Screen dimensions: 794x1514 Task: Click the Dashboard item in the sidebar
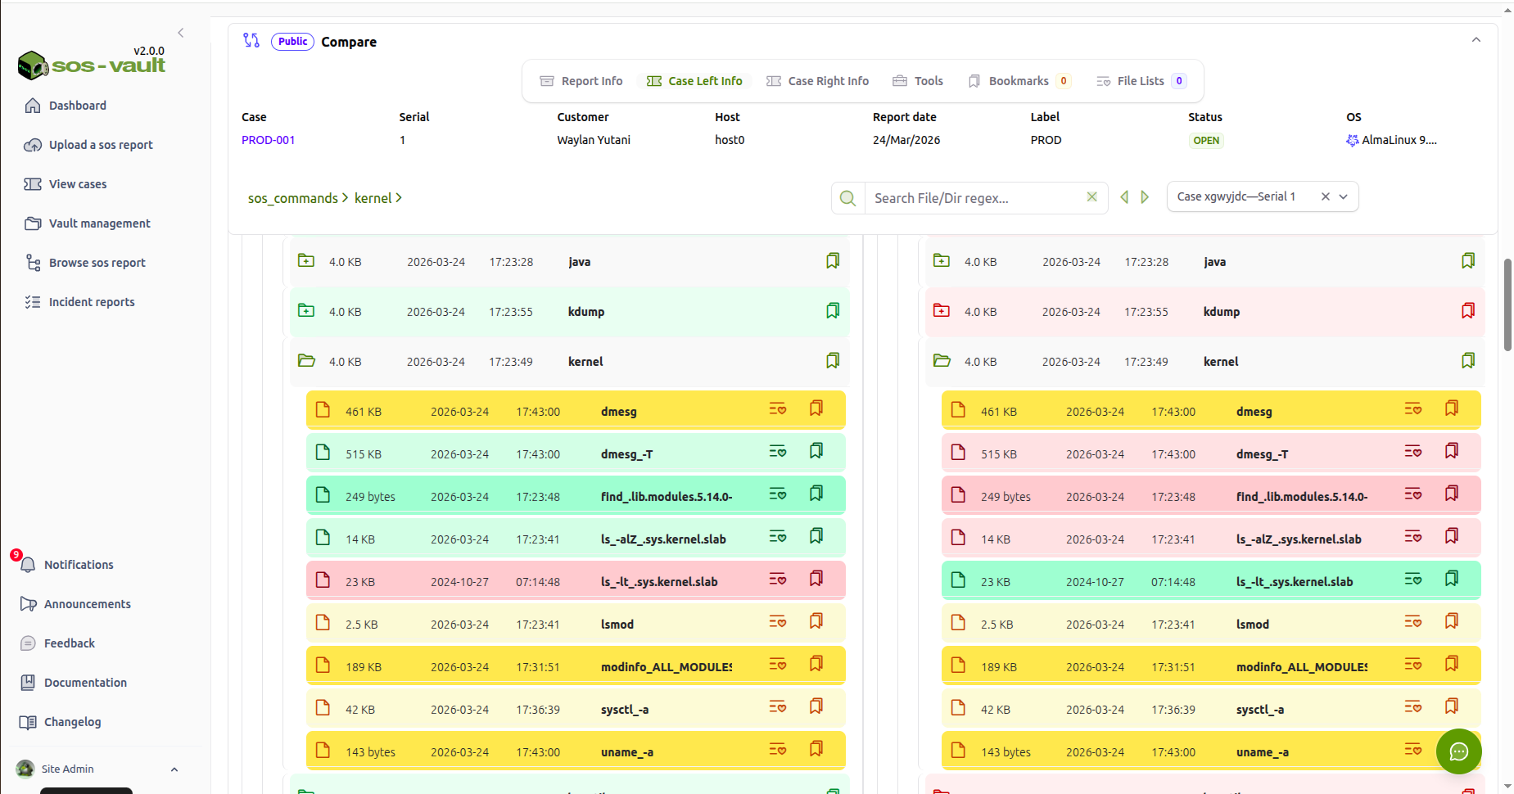77,106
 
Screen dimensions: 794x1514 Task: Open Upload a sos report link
100,145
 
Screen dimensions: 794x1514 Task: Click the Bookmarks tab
1018,81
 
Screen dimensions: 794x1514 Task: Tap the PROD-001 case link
268,140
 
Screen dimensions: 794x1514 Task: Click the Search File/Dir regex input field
974,198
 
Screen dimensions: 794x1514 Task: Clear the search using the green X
1091,197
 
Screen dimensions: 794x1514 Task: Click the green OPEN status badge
1205,141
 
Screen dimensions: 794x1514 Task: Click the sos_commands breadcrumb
292,198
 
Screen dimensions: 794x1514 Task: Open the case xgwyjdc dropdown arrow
1344,196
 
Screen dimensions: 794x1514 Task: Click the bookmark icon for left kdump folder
833,311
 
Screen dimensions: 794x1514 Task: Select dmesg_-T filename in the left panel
626,454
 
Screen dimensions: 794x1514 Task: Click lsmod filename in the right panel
1252,625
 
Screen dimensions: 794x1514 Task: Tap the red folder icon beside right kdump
942,311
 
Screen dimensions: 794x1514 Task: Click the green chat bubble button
1458,751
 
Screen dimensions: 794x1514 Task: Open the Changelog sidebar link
72,722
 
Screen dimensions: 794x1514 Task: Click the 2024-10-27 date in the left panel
459,582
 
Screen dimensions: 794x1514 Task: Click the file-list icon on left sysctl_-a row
777,707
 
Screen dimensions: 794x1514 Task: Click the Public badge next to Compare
292,42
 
